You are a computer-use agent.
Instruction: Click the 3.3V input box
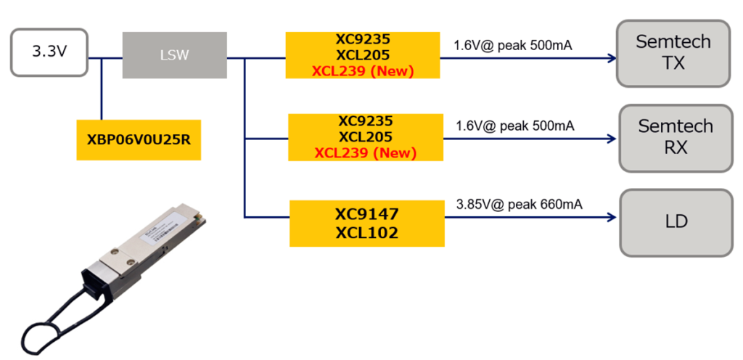(x=49, y=52)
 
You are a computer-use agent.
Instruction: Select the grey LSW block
(x=174, y=55)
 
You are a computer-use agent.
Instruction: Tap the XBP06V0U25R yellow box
(x=138, y=139)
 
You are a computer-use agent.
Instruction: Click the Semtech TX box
(x=673, y=52)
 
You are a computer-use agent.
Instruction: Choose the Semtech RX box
(x=676, y=137)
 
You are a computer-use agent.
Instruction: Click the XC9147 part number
(x=366, y=214)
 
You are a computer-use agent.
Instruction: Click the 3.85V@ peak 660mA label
(x=519, y=204)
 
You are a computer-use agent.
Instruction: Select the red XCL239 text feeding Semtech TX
(x=363, y=71)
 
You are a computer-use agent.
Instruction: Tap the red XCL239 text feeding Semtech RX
(x=365, y=153)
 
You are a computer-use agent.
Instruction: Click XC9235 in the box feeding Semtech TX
(x=363, y=38)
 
